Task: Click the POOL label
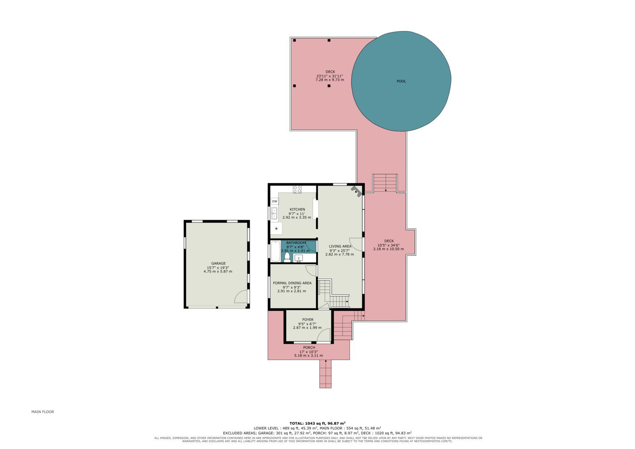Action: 401,81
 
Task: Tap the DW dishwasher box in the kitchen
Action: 274,201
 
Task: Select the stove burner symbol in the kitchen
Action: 297,189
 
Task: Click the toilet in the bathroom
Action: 287,257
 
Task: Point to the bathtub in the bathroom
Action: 275,251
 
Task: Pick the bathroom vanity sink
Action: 298,258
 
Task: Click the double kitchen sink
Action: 274,213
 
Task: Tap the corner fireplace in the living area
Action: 357,191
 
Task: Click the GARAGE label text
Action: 218,263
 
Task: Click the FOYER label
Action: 308,319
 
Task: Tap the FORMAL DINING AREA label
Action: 292,283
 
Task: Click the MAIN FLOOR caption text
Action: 42,412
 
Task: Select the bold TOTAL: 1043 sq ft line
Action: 317,423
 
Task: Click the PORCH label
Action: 309,347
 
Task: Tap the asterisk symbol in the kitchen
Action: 276,229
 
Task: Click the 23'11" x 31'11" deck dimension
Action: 330,76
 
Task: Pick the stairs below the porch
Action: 325,374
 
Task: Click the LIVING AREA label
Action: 340,246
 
